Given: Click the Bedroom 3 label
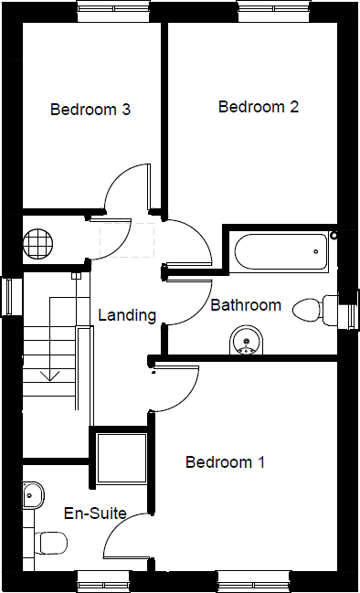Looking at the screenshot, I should (90, 110).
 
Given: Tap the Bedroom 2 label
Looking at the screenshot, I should (259, 107).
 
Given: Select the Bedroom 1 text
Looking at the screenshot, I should (225, 462).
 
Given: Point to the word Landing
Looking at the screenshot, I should (127, 315).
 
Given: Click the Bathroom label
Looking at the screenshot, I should (246, 305).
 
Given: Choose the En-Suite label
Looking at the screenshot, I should (95, 513).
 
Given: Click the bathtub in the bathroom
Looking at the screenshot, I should (281, 250).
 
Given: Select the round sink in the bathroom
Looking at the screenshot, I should (244, 341).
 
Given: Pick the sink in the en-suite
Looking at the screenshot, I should (31, 494).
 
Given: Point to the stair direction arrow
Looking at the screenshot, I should (49, 374).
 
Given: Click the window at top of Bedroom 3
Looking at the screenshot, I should (112, 12).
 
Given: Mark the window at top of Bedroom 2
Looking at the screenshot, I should (274, 12).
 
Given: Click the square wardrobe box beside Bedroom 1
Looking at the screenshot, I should (121, 458).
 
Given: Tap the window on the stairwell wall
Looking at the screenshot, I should (10, 295).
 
